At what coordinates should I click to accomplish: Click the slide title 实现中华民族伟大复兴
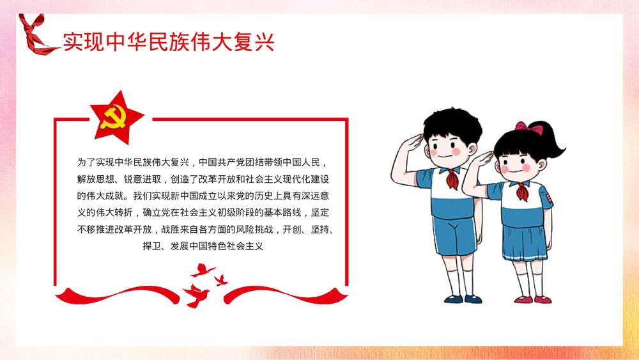point(169,42)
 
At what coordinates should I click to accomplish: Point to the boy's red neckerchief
point(452,178)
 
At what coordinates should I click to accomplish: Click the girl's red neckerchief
point(522,190)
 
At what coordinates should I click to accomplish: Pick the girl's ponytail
point(554,143)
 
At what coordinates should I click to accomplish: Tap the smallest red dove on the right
point(221,280)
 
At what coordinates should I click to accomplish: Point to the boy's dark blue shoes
point(463,298)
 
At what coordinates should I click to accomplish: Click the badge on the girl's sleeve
point(548,196)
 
